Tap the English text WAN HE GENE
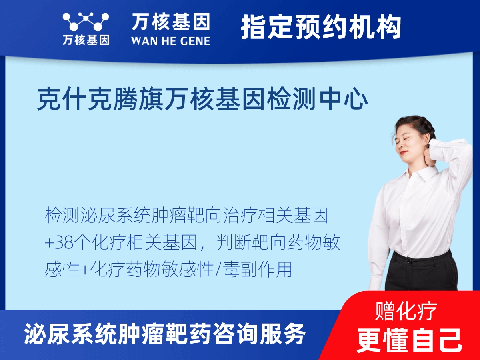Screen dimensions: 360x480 (x=170, y=41)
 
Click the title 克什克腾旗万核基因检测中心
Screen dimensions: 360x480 (x=202, y=100)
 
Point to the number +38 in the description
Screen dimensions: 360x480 (x=60, y=243)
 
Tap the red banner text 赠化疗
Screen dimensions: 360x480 (x=406, y=312)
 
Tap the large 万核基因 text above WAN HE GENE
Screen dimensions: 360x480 (x=170, y=22)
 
